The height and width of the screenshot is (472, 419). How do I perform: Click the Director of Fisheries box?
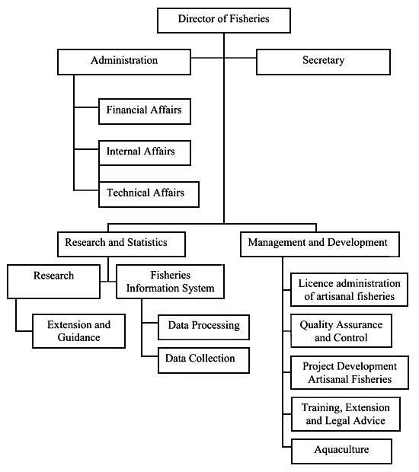[223, 19]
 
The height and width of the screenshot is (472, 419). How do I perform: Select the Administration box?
[124, 62]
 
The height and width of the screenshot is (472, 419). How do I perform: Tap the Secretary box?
[323, 62]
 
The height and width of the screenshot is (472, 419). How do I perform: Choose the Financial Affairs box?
[144, 111]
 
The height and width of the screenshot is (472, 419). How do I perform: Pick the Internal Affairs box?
[144, 152]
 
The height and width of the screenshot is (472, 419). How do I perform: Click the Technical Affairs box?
[149, 193]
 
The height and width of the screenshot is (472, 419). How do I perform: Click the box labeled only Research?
[53, 281]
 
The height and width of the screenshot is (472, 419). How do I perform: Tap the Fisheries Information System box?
[171, 282]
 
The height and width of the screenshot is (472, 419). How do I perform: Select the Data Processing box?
[203, 327]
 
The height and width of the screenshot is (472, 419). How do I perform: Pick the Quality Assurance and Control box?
[342, 330]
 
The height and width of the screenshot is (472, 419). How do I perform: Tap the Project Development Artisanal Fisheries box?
[342, 372]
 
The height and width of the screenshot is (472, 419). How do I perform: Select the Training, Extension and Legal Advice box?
[342, 414]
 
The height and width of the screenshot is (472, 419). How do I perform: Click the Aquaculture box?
[342, 451]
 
